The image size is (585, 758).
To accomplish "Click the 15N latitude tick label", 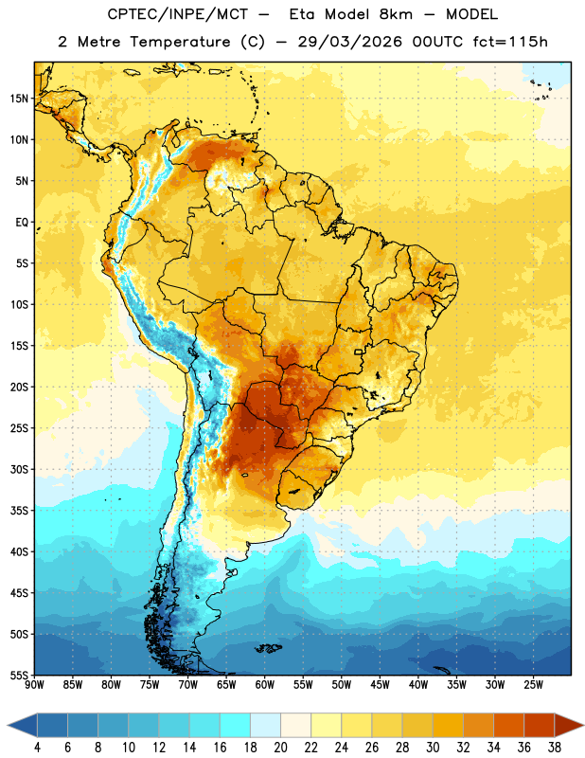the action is [x=19, y=99].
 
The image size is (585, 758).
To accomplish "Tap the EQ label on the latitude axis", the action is [x=22, y=223].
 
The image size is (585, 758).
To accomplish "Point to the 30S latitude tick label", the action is [x=19, y=469].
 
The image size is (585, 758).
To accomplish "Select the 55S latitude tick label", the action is [x=19, y=676].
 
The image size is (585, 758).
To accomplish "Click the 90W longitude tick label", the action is [x=34, y=685].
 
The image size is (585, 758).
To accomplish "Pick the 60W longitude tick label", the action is [x=265, y=685].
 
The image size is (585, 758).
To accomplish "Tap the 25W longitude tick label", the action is [x=533, y=685].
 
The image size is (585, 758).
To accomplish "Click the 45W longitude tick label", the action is [x=380, y=685].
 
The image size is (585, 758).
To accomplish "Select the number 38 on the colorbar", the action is [x=555, y=748].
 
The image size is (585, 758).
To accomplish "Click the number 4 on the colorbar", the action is [x=37, y=748].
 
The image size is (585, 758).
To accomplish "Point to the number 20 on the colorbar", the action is [x=280, y=748].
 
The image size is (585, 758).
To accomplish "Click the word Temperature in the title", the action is [x=180, y=42].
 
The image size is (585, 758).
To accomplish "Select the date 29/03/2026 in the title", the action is [x=349, y=42].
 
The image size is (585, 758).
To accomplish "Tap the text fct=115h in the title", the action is [x=510, y=42].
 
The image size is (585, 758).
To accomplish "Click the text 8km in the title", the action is [x=396, y=14].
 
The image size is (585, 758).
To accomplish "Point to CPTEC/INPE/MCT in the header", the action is [x=177, y=14].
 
